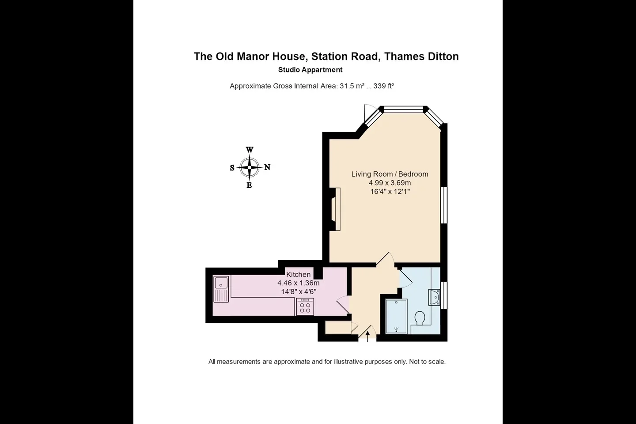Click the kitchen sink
(221, 289)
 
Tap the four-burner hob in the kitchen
(305, 307)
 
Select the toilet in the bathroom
(420, 318)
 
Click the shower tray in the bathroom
(396, 316)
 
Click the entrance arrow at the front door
(367, 337)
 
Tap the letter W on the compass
(249, 150)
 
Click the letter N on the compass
(267, 167)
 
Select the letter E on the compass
(249, 185)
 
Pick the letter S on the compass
(232, 168)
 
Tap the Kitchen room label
(298, 274)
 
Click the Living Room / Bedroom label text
(390, 174)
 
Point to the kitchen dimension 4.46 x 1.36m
(299, 283)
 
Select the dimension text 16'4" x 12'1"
(390, 191)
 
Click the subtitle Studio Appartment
(310, 70)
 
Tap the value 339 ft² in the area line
(383, 86)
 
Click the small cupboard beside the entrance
(338, 327)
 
